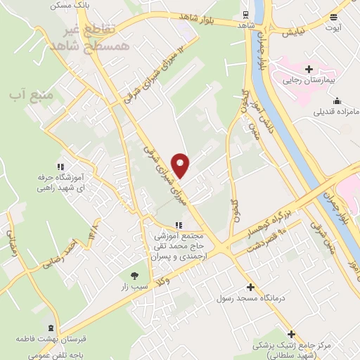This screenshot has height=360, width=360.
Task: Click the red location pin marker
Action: point(181,165)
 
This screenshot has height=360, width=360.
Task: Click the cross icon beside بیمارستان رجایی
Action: point(309,68)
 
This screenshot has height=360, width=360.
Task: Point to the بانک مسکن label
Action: point(69,5)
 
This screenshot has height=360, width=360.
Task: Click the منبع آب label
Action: point(25,93)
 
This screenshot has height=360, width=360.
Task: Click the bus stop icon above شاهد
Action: point(244,14)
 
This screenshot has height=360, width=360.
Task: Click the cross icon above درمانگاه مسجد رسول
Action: point(251,287)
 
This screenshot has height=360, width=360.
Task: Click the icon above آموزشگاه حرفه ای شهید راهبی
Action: point(60,167)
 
